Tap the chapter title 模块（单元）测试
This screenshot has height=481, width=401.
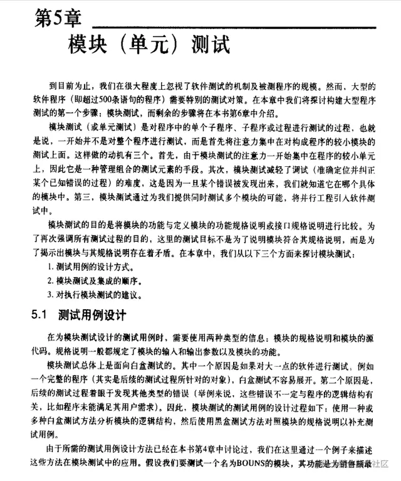pyautogui.click(x=148, y=46)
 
